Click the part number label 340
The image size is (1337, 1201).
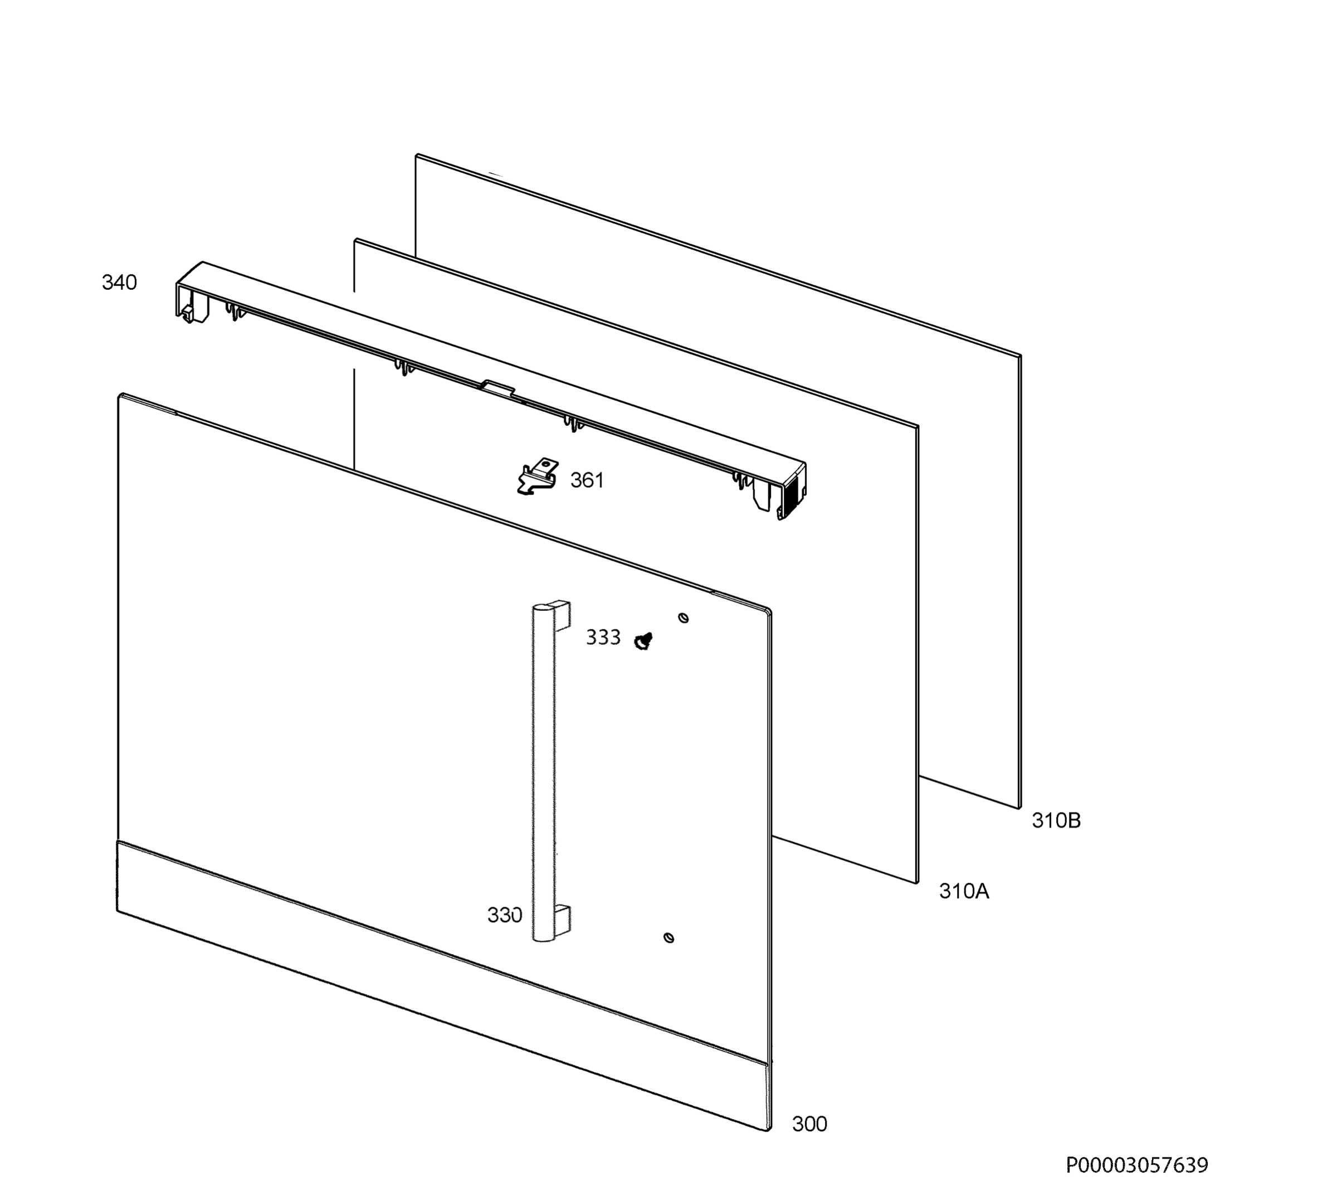119,283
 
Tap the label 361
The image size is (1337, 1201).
587,480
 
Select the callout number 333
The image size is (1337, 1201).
603,638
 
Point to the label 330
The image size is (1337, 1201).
505,915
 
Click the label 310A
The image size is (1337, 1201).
964,892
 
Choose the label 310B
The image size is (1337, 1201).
1057,820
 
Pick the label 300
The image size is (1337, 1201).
809,1124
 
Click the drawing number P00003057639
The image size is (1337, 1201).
1137,1165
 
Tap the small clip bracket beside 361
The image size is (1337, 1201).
536,476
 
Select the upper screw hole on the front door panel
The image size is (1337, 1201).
684,617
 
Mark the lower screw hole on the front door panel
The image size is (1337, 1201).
669,938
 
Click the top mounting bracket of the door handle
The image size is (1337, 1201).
560,614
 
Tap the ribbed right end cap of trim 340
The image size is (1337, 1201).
791,491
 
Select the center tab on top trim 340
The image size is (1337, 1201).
498,387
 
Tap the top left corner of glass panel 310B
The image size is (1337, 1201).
416,155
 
